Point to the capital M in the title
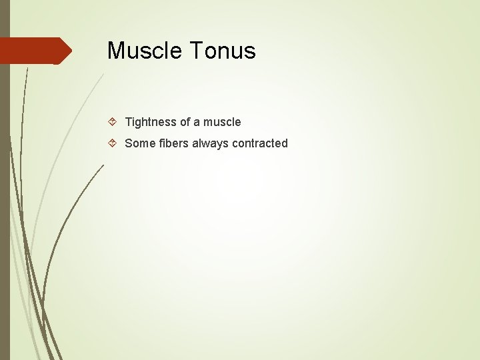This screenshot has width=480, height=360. click(x=116, y=51)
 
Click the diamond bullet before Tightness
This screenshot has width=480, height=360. click(x=113, y=122)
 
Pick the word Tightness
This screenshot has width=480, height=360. click(x=151, y=122)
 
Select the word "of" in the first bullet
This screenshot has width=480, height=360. click(x=185, y=122)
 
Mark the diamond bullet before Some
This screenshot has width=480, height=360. click(x=113, y=143)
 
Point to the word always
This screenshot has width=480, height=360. click(x=211, y=143)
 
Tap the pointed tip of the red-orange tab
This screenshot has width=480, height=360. click(x=70, y=51)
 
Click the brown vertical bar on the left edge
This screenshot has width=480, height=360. click(x=5, y=200)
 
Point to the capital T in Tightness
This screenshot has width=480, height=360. click(x=129, y=122)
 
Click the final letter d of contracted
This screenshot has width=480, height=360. click(x=285, y=143)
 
